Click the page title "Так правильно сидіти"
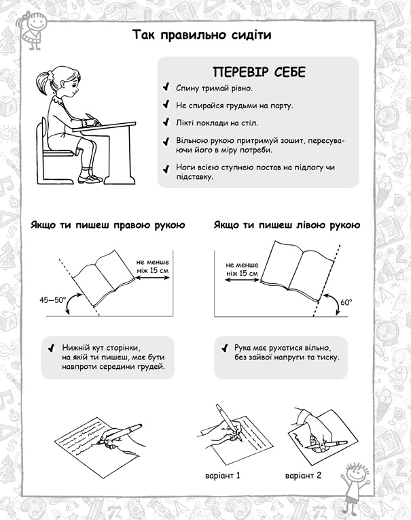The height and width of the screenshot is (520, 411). [202, 35]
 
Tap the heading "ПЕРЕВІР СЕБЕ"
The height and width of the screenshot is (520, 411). [259, 72]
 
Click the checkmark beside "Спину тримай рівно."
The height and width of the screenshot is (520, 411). [166, 87]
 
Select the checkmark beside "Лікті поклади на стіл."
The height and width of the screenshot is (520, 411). [166, 122]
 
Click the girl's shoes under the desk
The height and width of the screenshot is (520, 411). [90, 179]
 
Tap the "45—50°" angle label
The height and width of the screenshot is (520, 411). [52, 300]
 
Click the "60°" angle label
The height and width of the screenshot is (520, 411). [346, 302]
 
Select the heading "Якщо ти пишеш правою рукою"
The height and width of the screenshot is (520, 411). [108, 225]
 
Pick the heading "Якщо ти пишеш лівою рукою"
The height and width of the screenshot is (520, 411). [287, 225]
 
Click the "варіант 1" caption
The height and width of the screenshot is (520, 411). [222, 476]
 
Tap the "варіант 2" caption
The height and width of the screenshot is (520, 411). [303, 476]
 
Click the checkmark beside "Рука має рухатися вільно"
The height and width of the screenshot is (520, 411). [224, 348]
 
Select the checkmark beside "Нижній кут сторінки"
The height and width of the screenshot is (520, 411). [52, 348]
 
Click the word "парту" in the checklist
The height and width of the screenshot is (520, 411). [282, 106]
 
